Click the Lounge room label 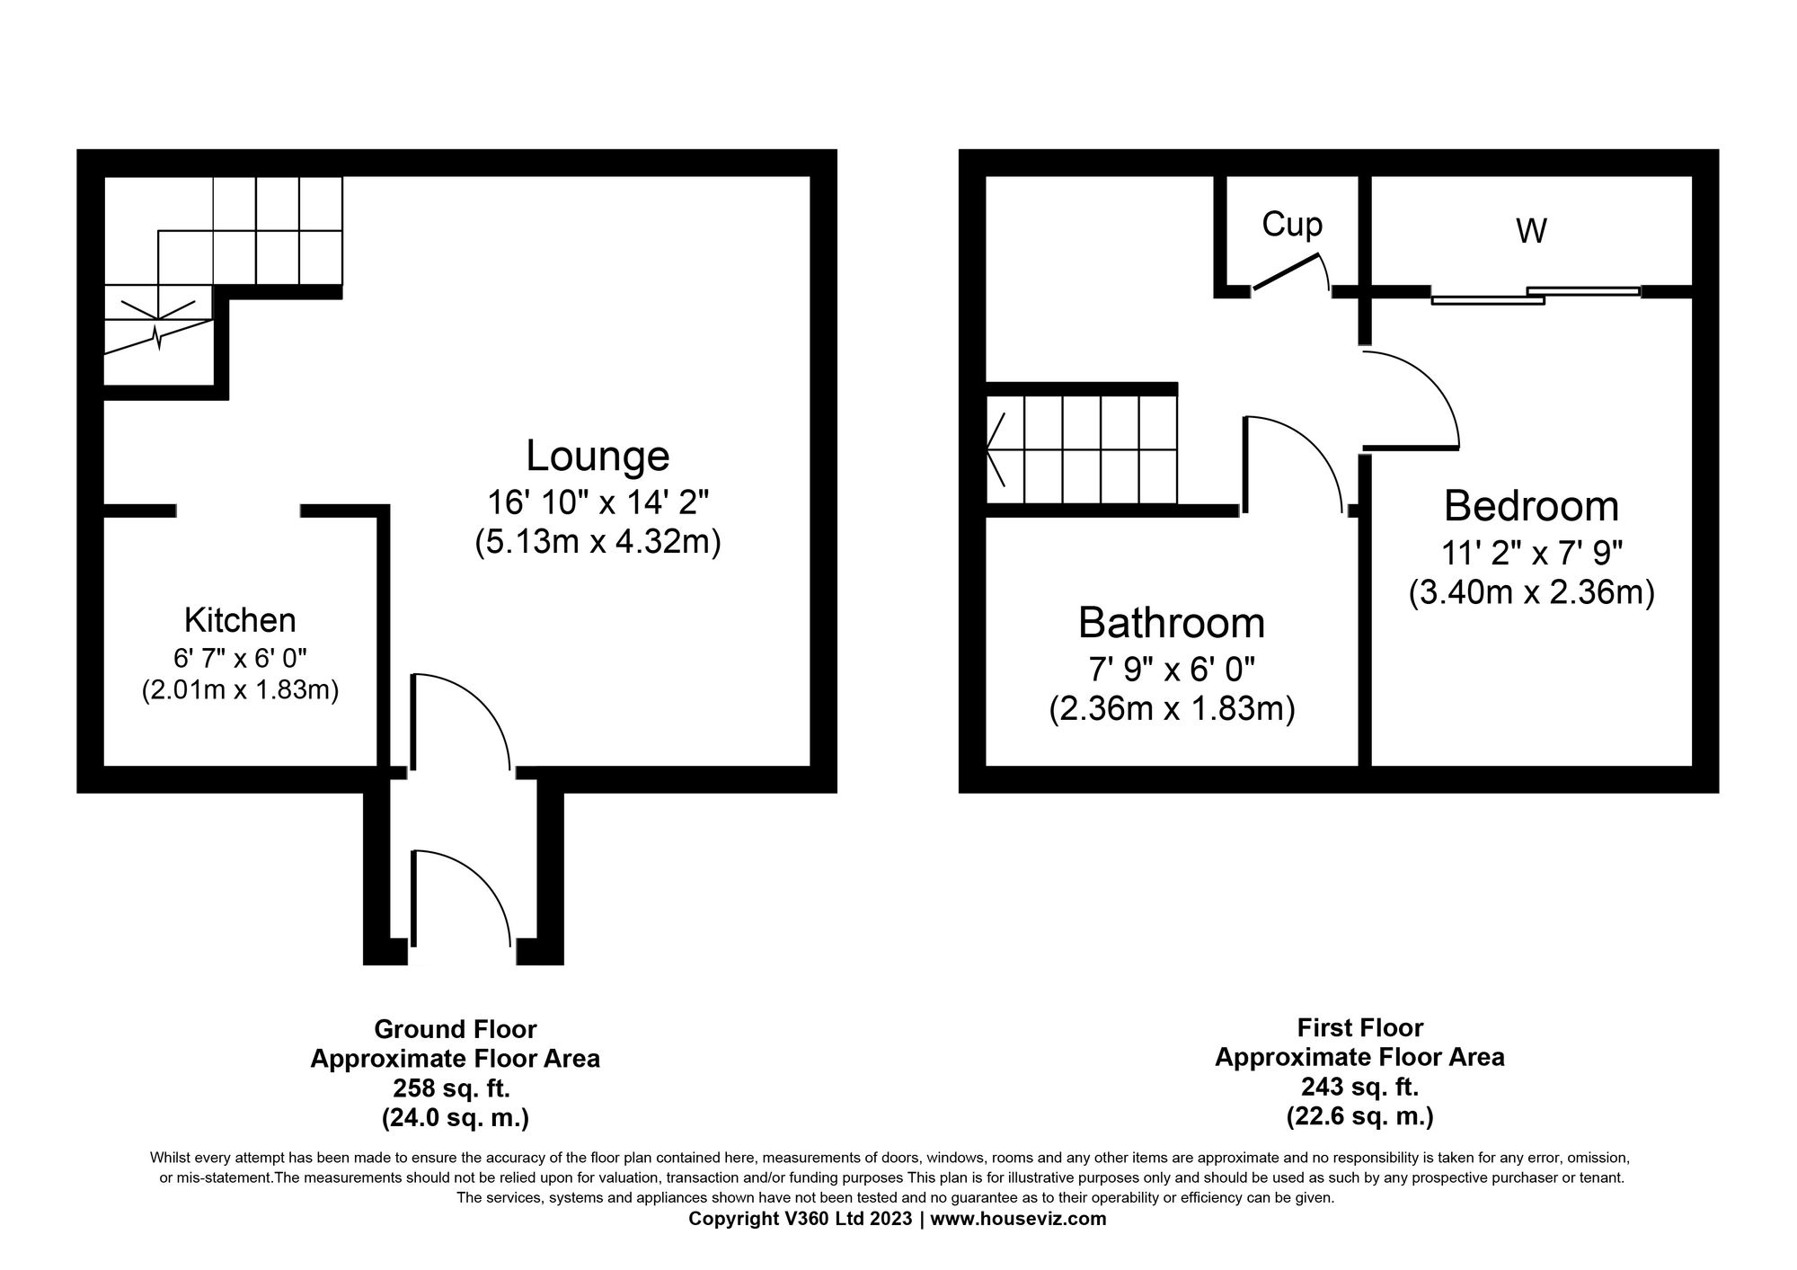click(x=598, y=456)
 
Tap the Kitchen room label click(x=240, y=620)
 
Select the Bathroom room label click(x=1171, y=622)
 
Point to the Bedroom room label click(x=1531, y=506)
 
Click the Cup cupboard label click(x=1292, y=225)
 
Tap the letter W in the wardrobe click(x=1531, y=232)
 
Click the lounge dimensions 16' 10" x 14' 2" click(x=598, y=502)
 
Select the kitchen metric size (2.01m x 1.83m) click(x=240, y=691)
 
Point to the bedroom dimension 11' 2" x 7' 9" click(x=1531, y=552)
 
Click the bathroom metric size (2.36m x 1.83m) click(x=1171, y=709)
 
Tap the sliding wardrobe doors click(x=1536, y=295)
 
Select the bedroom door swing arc click(x=1429, y=386)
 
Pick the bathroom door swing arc click(x=1312, y=449)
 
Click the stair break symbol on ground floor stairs click(x=158, y=337)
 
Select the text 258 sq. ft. click(x=452, y=1088)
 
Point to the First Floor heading click(x=1359, y=1027)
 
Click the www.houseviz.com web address click(x=1018, y=1219)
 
